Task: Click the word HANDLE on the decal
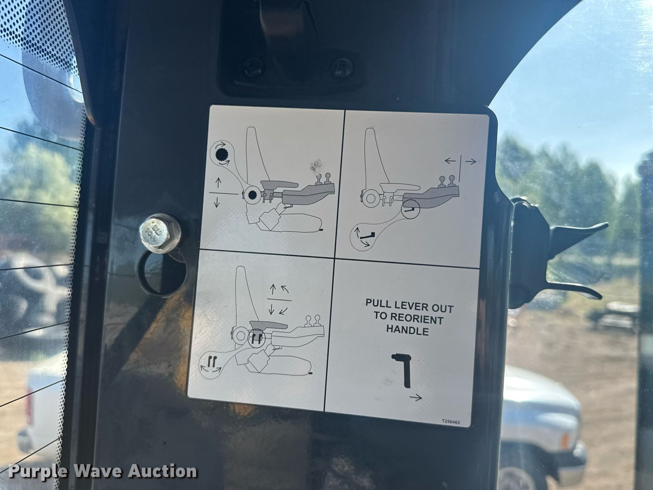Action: [407, 331]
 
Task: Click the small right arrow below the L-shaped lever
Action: [416, 397]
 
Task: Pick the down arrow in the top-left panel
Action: [217, 202]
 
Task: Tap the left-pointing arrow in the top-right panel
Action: [450, 161]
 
